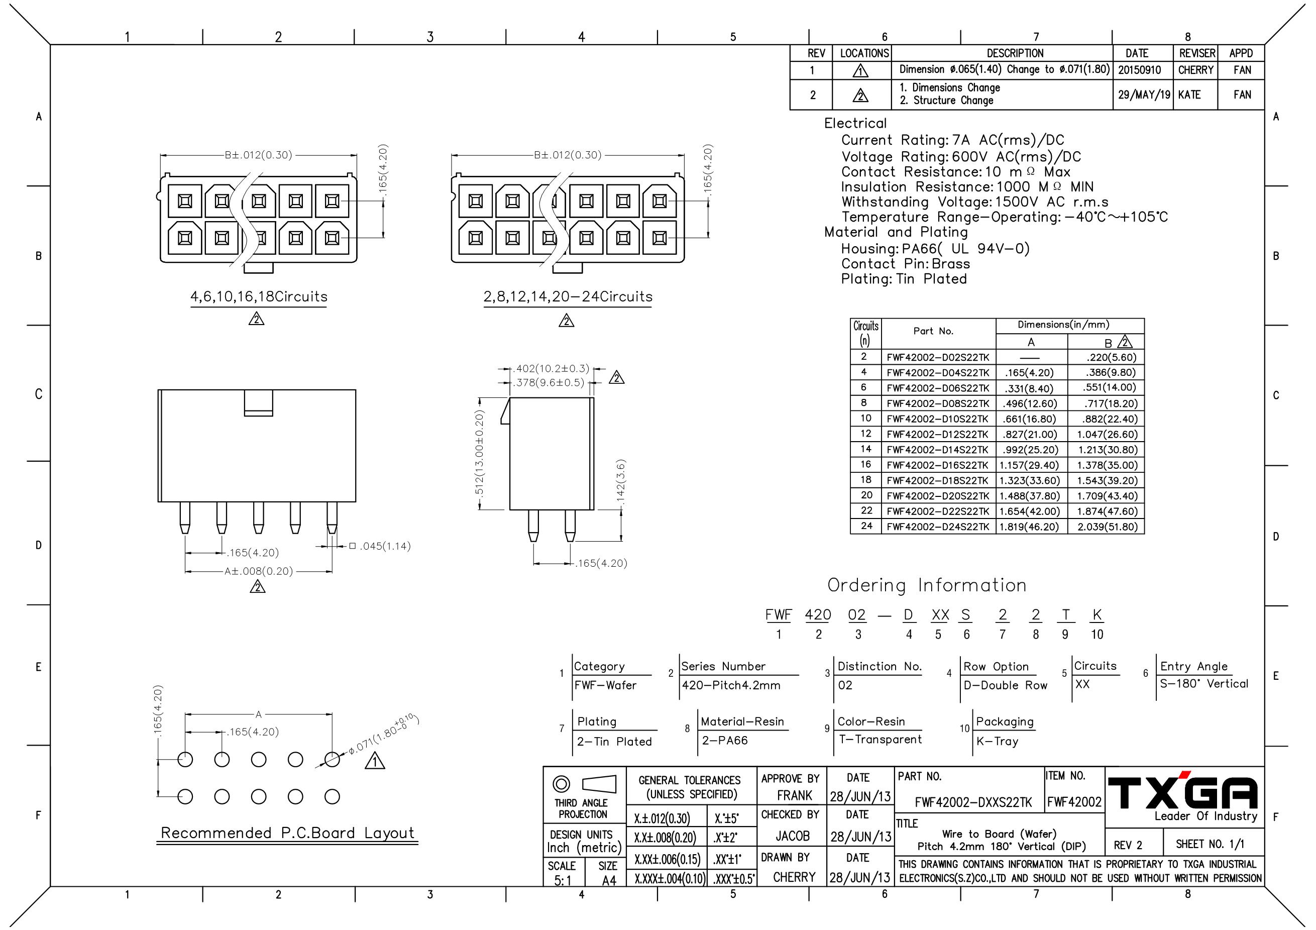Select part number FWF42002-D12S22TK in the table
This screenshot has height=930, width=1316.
click(938, 435)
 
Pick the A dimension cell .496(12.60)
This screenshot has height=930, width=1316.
click(1030, 403)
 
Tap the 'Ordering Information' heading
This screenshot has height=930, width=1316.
click(927, 585)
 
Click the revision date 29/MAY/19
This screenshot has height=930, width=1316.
click(1144, 94)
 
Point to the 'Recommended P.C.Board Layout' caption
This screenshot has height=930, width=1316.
click(287, 833)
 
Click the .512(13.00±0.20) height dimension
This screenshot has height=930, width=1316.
click(480, 453)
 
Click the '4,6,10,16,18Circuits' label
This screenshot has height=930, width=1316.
click(259, 297)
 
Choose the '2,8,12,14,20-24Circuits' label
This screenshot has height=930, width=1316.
click(568, 297)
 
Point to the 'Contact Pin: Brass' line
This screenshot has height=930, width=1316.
click(906, 264)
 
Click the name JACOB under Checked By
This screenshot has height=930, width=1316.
click(793, 836)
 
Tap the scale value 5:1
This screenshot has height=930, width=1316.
click(563, 880)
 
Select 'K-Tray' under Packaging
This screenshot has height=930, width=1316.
click(998, 742)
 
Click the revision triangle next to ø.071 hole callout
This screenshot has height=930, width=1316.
click(375, 761)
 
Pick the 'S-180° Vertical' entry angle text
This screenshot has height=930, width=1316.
click(1203, 683)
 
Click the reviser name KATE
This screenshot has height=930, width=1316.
click(1189, 94)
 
